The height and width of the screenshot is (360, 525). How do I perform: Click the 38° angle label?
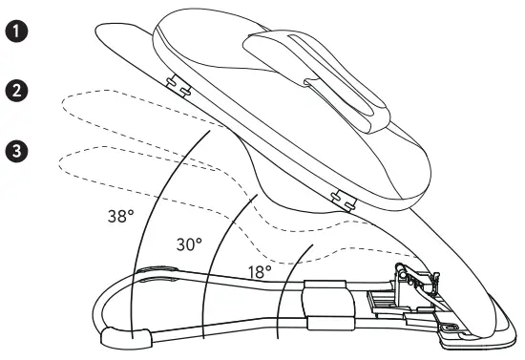coord(121,215)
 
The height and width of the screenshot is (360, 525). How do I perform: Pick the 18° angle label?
coord(258,272)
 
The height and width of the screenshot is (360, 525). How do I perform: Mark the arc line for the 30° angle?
coord(212,258)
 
